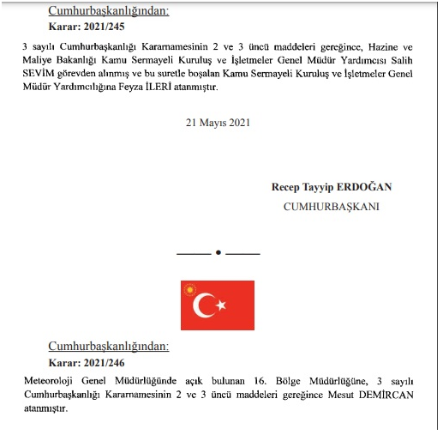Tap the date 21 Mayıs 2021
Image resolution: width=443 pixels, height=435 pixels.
(x=218, y=123)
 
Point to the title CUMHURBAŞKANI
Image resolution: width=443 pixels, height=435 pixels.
(x=331, y=207)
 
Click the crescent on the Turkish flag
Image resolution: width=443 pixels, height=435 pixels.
(x=205, y=305)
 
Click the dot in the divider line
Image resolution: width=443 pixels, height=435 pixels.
(x=218, y=253)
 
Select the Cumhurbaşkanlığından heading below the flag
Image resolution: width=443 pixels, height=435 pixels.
(x=109, y=346)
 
